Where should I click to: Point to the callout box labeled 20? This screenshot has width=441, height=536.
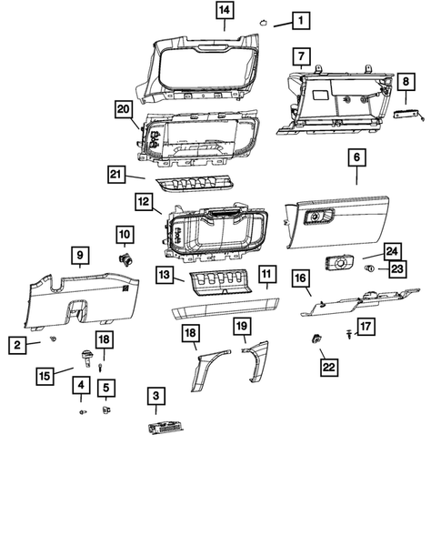[123, 108]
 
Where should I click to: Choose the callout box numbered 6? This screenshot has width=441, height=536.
[356, 157]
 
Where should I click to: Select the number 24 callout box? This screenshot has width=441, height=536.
[392, 250]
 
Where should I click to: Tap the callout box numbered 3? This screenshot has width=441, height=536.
[155, 396]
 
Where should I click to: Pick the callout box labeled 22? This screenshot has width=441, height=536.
[327, 367]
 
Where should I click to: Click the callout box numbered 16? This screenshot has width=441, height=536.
[299, 278]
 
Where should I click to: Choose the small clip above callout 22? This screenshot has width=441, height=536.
[317, 340]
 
